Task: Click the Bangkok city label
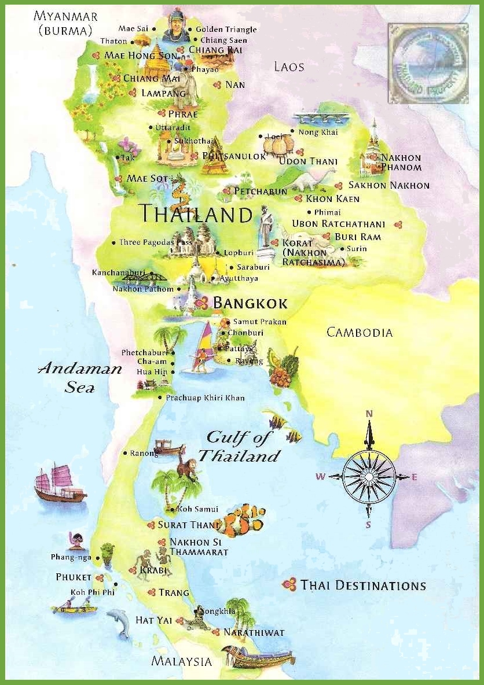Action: coord(250,303)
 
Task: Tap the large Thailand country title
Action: coord(196,214)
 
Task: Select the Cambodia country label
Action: coord(359,332)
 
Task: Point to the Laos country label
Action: coord(289,67)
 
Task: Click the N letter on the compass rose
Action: coord(369,413)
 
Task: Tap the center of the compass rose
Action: coord(369,477)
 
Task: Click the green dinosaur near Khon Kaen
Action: coord(313,180)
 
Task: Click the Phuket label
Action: coord(74,577)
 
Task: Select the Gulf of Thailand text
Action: coord(239,446)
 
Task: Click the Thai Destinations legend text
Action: coord(363,585)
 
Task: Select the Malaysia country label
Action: coord(182,661)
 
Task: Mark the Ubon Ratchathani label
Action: coord(339,224)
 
